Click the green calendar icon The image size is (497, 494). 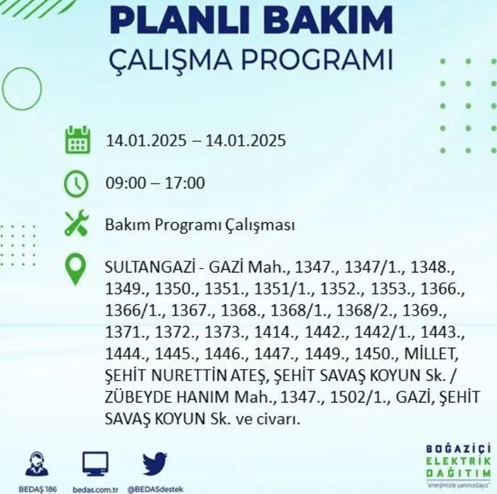78,140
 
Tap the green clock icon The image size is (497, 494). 77,184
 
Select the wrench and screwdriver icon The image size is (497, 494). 77,223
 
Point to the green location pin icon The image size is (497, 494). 75,269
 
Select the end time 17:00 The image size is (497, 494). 185,183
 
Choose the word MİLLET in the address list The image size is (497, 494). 432,354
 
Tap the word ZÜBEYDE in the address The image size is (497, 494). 137,397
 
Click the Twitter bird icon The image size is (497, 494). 155,464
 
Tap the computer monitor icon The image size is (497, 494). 95,464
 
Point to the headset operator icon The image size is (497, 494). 37,463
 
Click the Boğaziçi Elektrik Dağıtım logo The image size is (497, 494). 458,465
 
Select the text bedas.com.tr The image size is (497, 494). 95,489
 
